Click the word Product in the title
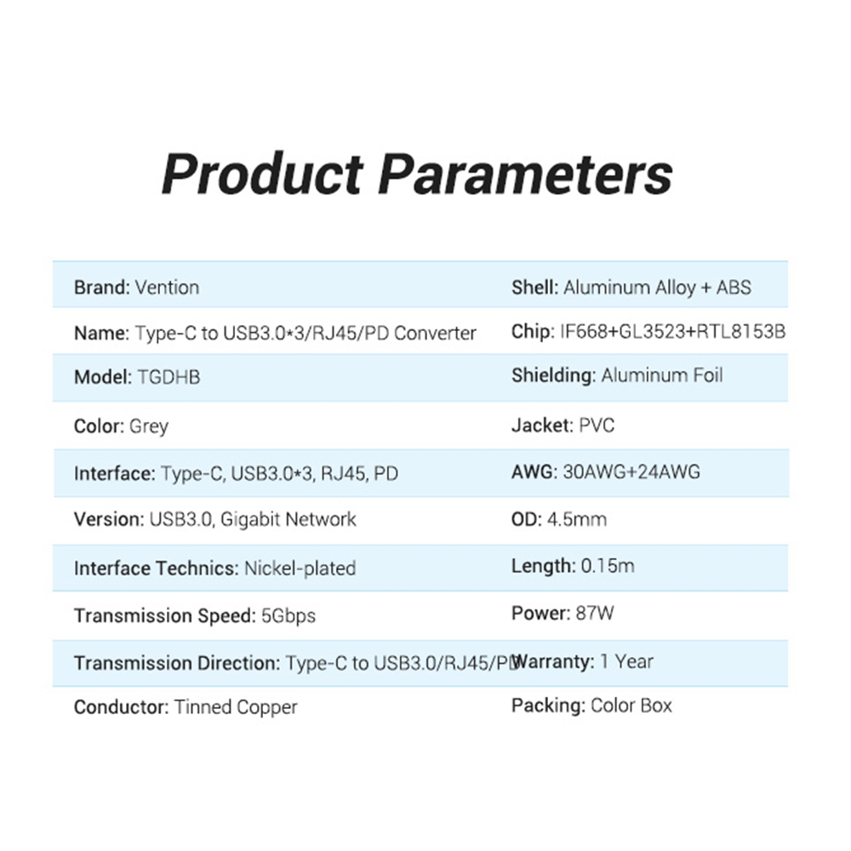262,174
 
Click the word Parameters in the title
525,174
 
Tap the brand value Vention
167,287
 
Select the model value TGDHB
168,377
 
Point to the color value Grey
149,426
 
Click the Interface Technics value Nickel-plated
300,568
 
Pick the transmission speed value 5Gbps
288,616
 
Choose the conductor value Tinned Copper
236,707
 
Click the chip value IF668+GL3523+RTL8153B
672,332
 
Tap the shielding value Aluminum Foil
661,375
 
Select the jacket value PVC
597,425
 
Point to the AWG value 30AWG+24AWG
631,471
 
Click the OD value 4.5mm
576,519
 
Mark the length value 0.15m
608,566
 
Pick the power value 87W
595,614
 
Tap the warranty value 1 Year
626,661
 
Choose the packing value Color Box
631,705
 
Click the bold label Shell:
534,287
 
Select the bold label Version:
109,519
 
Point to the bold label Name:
101,333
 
